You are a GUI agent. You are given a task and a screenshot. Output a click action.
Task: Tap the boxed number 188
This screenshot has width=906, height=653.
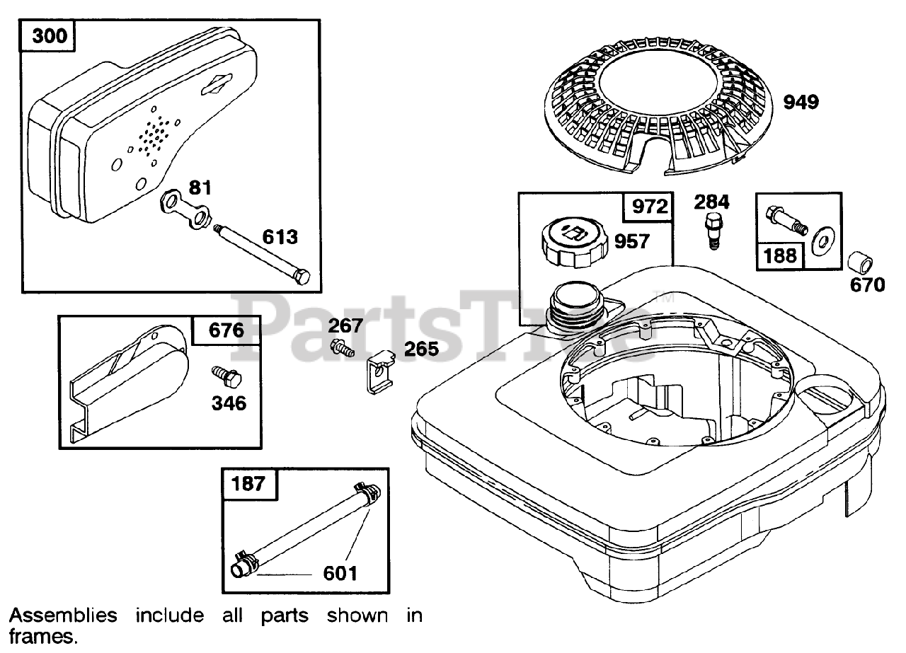coord(780,255)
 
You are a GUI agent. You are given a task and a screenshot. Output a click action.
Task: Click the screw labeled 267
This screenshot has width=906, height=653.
coord(342,347)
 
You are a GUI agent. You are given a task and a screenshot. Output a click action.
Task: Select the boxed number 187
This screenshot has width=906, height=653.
coord(248,483)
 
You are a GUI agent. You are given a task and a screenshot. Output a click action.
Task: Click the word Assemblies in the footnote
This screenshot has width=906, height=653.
coord(63,616)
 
